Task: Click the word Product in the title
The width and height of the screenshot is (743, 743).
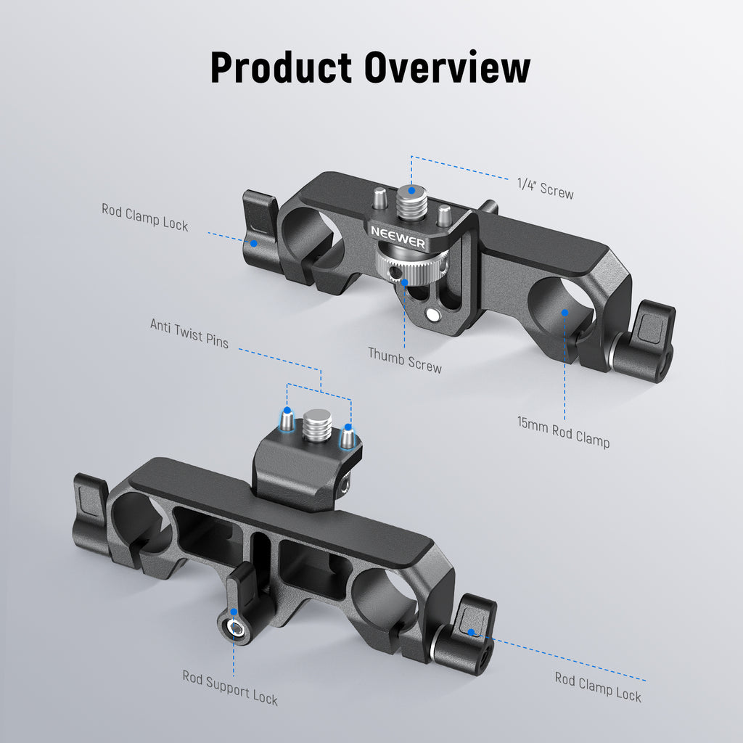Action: tap(281, 67)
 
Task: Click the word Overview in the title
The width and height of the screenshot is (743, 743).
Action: tap(447, 67)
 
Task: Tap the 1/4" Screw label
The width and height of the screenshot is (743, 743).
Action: tap(545, 189)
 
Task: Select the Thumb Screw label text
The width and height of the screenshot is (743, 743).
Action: tap(404, 359)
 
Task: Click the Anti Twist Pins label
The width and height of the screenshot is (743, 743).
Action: tap(189, 333)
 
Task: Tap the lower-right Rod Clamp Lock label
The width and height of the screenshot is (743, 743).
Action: tap(598, 686)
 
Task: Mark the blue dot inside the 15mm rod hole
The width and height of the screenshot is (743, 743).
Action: tap(564, 312)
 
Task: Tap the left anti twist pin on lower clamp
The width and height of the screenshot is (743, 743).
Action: tap(287, 418)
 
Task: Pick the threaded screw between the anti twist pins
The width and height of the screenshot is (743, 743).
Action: tap(317, 424)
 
